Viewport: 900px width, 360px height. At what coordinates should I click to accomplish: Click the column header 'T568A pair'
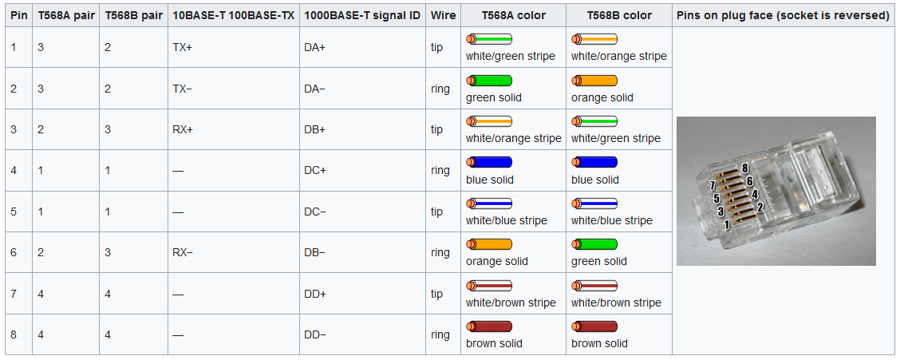pos(65,15)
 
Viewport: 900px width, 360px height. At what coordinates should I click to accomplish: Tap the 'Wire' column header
pos(443,15)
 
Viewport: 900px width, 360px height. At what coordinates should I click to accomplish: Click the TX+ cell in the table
pos(182,48)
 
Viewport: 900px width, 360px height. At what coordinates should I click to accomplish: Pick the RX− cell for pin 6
pos(182,252)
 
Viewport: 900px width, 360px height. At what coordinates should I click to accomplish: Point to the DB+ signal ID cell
pos(314,129)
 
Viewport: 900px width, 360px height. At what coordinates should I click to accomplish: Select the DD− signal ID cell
pos(314,334)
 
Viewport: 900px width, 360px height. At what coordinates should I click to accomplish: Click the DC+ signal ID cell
pos(314,171)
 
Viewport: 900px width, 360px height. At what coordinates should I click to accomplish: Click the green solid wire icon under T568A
pos(489,81)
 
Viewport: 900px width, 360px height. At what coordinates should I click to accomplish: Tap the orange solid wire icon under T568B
pos(594,81)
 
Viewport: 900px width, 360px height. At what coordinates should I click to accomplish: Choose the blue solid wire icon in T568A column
pos(489,162)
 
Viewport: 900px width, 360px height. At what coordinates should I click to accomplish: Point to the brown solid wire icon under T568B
pos(594,326)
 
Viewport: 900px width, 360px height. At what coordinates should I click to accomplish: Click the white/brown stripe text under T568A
pos(511,303)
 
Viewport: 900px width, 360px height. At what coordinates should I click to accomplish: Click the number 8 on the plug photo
pos(744,168)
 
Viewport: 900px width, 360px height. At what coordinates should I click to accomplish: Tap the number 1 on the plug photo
pos(726,225)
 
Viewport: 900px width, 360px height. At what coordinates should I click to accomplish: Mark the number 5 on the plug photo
pos(716,199)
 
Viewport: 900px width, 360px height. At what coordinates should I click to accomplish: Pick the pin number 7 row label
pos(14,294)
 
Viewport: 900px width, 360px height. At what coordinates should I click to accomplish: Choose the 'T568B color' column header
pos(618,15)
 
